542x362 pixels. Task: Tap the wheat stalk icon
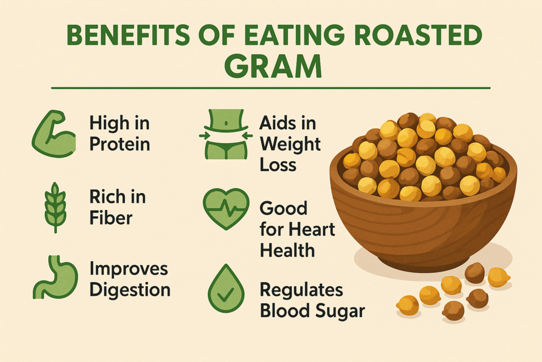[55, 208]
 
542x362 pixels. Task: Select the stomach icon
[55, 277]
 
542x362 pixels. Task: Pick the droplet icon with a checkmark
[226, 289]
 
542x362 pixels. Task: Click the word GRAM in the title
[273, 67]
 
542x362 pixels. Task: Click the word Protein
[120, 144]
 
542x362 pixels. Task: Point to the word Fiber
[111, 218]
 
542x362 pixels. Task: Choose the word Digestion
[130, 290]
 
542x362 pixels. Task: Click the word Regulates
[301, 290]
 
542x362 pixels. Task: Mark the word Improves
[129, 269]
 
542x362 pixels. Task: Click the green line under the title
[270, 89]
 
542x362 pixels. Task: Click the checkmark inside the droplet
[226, 295]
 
